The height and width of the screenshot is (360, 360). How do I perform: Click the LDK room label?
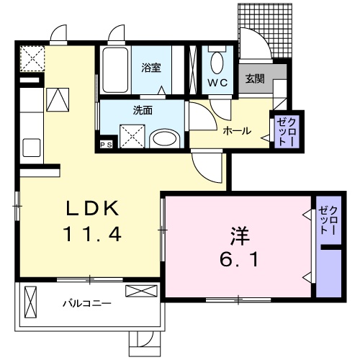[91, 209]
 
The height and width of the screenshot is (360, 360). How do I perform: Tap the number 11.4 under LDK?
[91, 234]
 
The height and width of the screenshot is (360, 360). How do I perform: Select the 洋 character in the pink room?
[240, 235]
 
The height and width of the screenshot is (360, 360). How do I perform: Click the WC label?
[218, 83]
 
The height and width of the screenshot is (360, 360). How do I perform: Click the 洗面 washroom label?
[143, 111]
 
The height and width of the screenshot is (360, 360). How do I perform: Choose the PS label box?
[106, 144]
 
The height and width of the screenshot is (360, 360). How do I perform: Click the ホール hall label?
[236, 131]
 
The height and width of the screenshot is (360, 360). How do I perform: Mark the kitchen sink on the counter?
[32, 148]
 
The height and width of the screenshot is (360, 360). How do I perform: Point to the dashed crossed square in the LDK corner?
[32, 57]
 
